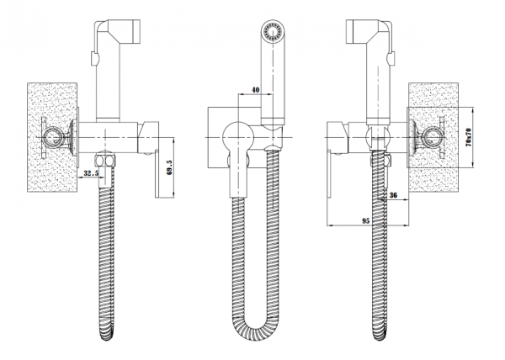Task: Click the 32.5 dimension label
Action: pyautogui.click(x=91, y=173)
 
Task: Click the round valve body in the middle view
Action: pyautogui.click(x=240, y=134)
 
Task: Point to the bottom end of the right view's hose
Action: pyautogui.click(x=384, y=336)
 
